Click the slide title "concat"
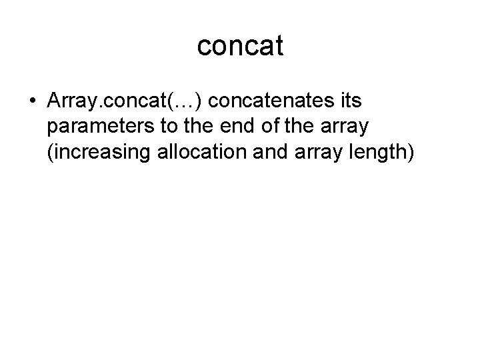240,46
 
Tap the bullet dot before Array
33,101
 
